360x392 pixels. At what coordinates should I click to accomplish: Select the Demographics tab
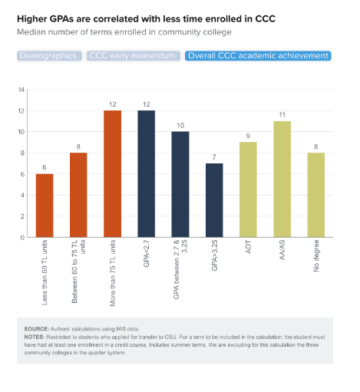click(x=48, y=56)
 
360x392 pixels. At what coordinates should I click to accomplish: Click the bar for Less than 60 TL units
click(x=45, y=206)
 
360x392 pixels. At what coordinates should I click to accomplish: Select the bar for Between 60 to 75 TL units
click(x=78, y=195)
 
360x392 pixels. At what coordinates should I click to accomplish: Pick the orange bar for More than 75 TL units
click(x=112, y=174)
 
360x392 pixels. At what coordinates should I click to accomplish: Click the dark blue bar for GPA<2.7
click(x=147, y=174)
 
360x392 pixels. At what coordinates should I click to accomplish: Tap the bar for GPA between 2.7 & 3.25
click(x=180, y=184)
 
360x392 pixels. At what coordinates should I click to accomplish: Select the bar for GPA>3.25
click(x=214, y=200)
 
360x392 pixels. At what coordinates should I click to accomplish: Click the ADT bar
click(x=248, y=189)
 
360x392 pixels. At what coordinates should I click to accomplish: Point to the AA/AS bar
click(x=282, y=180)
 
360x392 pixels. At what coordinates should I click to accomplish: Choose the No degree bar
click(x=316, y=195)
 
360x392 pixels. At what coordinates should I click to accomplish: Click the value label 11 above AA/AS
click(x=282, y=114)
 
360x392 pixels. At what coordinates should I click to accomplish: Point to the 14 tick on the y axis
click(x=21, y=90)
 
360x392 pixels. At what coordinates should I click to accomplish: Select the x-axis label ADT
click(x=249, y=250)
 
